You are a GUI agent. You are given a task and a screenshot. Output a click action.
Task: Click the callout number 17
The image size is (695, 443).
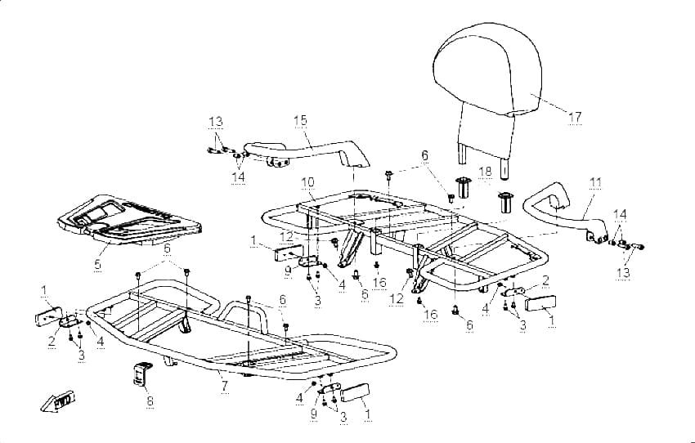[575, 118]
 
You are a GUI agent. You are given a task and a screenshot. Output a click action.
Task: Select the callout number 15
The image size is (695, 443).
[300, 120]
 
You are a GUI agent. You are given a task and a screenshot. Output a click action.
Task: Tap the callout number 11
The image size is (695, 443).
[596, 182]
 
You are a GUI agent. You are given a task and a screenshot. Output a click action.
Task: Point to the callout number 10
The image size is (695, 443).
[307, 182]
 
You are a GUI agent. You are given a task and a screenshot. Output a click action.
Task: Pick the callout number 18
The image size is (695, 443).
[486, 172]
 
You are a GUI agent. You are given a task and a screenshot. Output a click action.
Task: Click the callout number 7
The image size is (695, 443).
[225, 386]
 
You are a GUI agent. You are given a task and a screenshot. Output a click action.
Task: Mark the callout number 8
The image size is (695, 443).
[150, 401]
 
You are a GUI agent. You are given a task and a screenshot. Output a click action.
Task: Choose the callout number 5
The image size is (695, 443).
[97, 265]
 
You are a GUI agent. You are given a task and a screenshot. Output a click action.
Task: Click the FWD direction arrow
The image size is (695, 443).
[57, 401]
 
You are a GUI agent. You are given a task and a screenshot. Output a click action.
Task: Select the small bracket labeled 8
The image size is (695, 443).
[141, 373]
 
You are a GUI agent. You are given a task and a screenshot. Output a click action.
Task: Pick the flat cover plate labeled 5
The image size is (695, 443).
[128, 220]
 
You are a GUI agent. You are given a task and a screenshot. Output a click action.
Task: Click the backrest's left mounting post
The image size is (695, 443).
[462, 154]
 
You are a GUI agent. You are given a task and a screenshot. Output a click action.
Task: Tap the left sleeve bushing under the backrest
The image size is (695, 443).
[463, 188]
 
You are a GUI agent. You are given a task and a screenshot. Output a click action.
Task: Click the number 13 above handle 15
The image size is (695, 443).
[216, 122]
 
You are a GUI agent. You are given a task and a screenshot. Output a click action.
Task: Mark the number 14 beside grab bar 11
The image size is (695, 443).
[620, 214]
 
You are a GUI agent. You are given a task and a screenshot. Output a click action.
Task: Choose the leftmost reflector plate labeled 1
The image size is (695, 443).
[49, 316]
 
